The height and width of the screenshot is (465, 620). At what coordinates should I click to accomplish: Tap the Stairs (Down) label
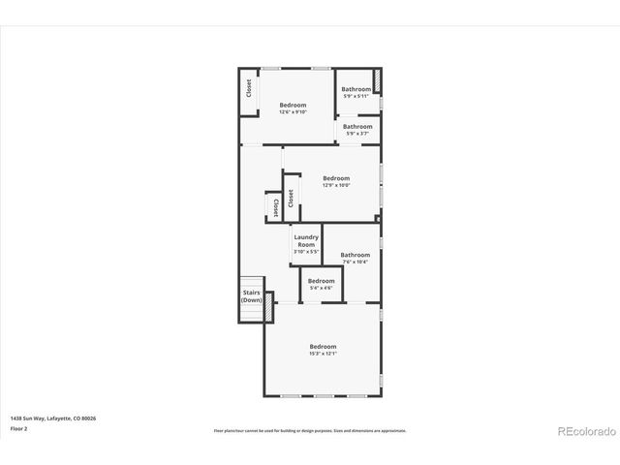tap(251, 296)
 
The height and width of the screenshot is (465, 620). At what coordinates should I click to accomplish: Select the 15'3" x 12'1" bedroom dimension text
tap(323, 354)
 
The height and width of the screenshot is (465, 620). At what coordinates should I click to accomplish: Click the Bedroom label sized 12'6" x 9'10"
tap(293, 105)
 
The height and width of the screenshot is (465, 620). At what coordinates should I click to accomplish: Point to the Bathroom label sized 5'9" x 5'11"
tap(356, 89)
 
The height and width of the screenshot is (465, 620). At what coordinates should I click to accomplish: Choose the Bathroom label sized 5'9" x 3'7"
tap(357, 126)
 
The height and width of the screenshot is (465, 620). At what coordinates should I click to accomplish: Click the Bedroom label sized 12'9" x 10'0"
tap(336, 177)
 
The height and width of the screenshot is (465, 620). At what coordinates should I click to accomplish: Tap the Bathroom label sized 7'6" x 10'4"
tap(356, 255)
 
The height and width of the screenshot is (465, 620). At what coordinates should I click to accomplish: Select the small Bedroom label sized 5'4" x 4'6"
tap(321, 281)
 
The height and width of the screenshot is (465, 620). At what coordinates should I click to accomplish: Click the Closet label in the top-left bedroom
tap(249, 88)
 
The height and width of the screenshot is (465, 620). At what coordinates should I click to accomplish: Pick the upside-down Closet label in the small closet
tap(275, 206)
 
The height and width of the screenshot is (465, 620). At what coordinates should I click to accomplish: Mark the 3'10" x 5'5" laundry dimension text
tap(306, 252)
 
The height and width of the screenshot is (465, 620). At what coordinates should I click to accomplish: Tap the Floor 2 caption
tap(18, 427)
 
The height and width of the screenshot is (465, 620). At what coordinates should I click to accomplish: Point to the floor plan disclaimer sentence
tap(309, 430)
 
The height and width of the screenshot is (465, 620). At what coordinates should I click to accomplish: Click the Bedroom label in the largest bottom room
tap(323, 347)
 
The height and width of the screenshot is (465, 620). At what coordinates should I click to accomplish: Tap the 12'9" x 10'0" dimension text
tap(336, 185)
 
